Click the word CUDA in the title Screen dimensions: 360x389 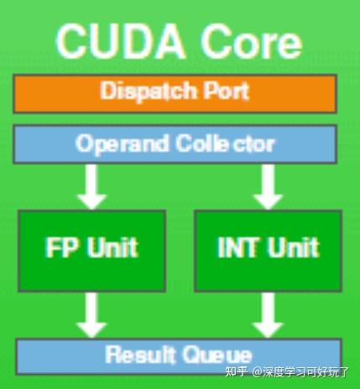[x=121, y=41]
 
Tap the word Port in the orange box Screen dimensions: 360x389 [x=226, y=91]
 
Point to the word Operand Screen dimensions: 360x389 [x=123, y=144]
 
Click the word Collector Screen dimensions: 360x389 [x=226, y=143]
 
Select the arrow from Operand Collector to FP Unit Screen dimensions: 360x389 [x=91, y=187]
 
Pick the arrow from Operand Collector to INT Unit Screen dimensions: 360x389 [x=268, y=187]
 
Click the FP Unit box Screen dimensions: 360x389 [x=91, y=251]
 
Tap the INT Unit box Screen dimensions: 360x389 [x=268, y=251]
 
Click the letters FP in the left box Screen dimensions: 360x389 [x=61, y=247]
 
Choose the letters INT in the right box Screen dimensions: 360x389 [x=237, y=247]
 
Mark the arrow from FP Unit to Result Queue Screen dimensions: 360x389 [x=91, y=315]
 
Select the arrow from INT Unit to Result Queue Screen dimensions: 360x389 [x=268, y=315]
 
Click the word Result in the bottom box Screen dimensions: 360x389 [x=140, y=355]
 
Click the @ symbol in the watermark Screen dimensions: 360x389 [x=257, y=372]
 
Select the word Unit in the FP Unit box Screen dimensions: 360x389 [x=113, y=247]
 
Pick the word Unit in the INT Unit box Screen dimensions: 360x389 [x=294, y=247]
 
